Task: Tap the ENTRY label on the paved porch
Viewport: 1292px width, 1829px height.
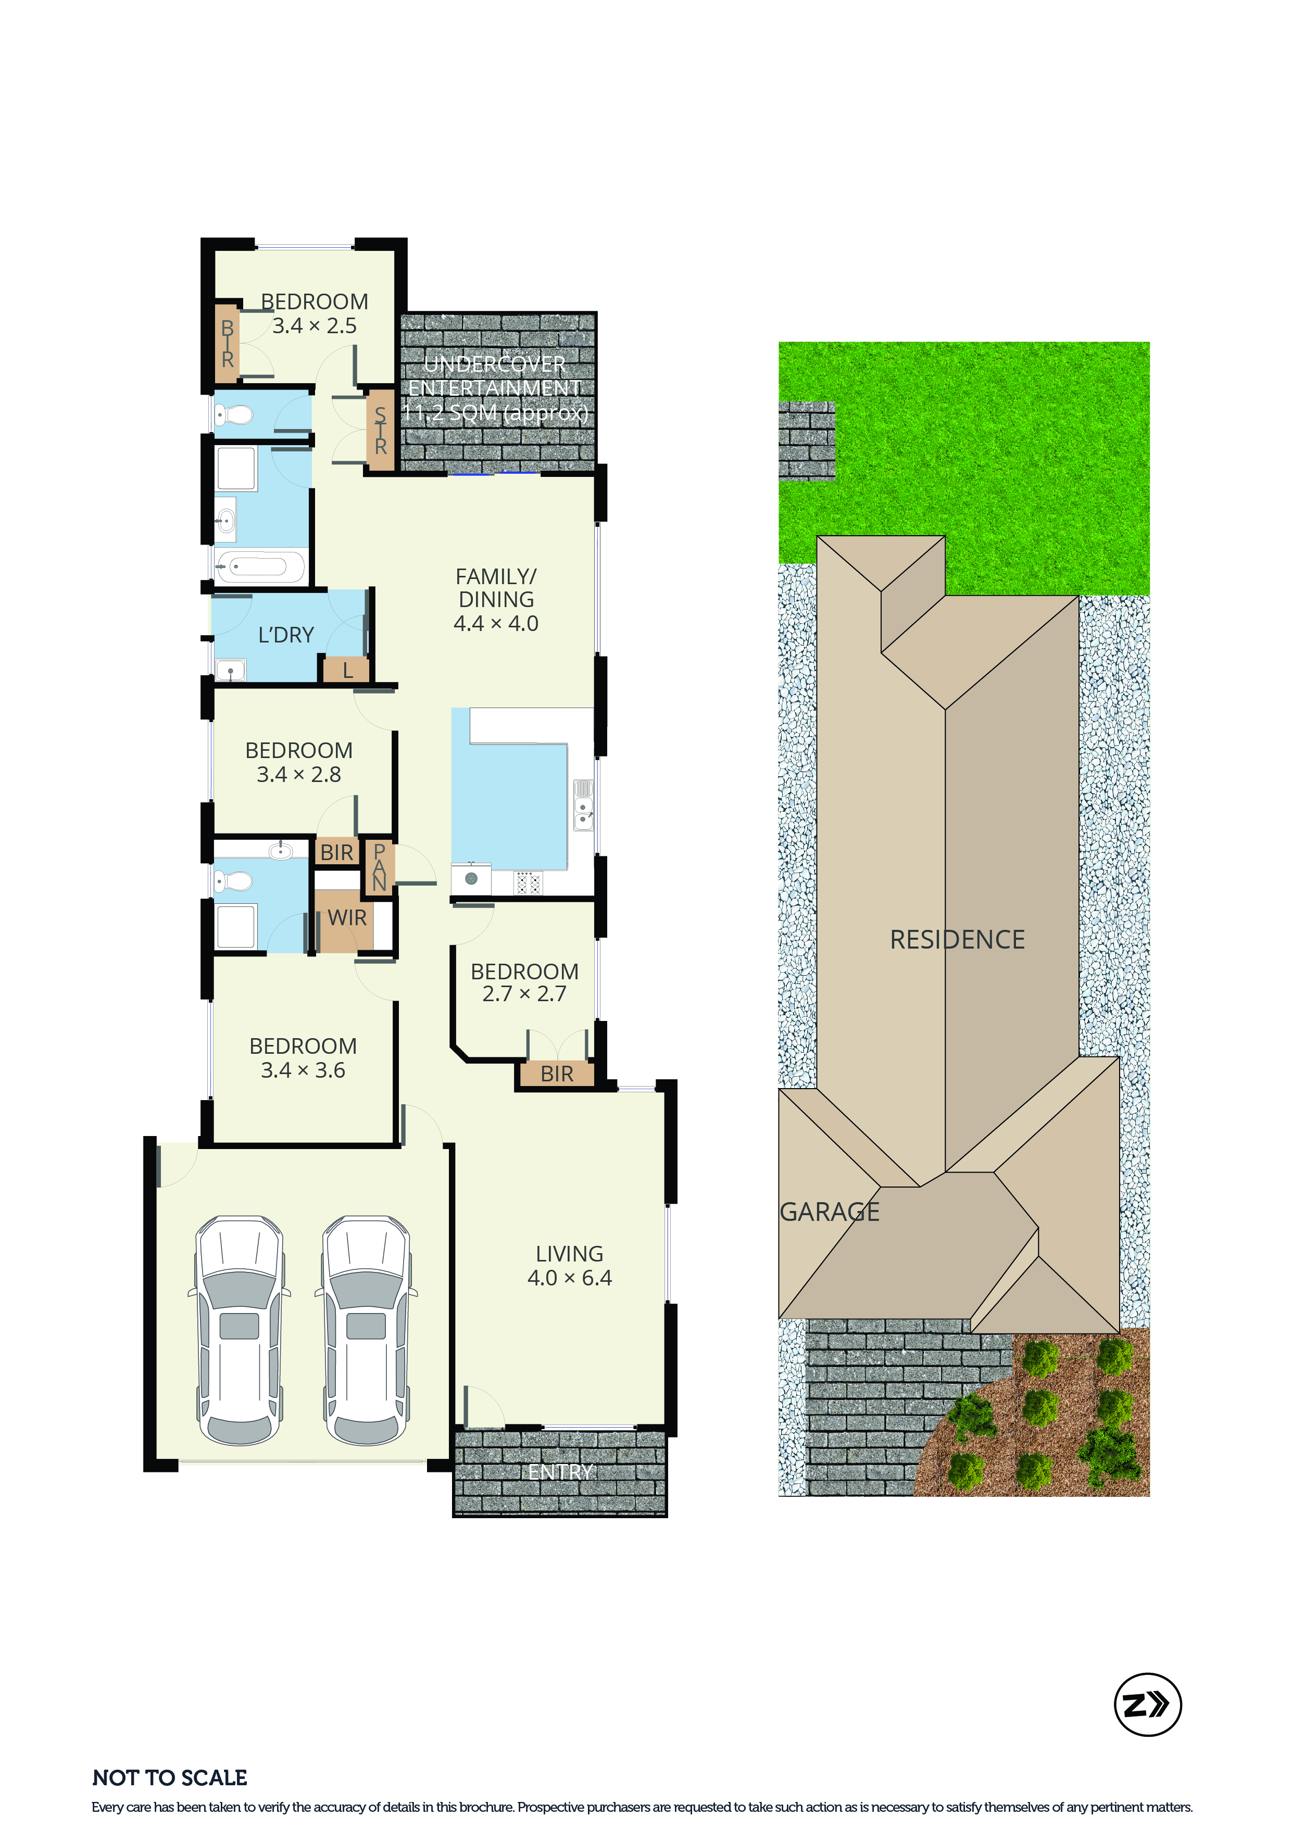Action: [x=561, y=1472]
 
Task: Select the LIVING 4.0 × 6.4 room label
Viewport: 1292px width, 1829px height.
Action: [x=570, y=1266]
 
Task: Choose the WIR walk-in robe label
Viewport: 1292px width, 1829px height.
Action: [x=347, y=918]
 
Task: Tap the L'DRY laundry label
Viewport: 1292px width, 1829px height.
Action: [x=286, y=635]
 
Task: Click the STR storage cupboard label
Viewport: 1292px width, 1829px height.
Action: [x=381, y=430]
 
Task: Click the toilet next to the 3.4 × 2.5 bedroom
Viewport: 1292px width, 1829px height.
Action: [x=233, y=414]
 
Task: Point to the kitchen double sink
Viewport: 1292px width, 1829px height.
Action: [x=584, y=804]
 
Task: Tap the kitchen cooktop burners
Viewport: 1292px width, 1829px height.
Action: [x=528, y=882]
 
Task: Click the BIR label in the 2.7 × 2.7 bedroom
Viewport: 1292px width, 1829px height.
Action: [x=557, y=1074]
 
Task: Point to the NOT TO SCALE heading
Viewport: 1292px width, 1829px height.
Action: [x=170, y=1777]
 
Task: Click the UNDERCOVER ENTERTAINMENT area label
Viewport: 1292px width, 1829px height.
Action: [x=495, y=388]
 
